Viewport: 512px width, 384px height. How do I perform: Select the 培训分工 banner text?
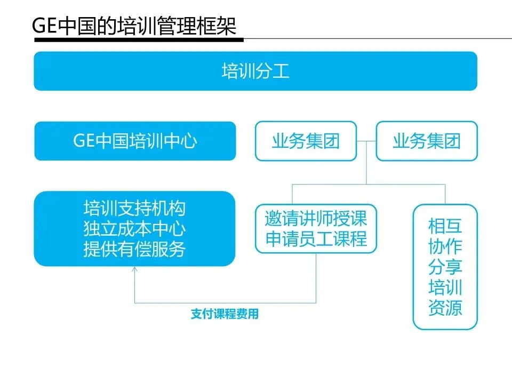pos(255,71)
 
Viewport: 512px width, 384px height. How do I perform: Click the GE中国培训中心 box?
pos(135,141)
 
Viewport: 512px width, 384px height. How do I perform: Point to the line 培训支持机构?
pos(134,207)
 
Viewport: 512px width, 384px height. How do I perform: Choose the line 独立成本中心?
pos(134,228)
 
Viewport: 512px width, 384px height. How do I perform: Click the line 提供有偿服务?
pos(134,249)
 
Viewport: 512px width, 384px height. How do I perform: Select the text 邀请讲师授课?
pos(316,219)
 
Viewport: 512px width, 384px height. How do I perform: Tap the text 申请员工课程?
pos(316,239)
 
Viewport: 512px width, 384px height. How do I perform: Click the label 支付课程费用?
pos(225,314)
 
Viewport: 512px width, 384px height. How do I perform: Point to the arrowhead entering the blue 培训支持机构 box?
pos(134,269)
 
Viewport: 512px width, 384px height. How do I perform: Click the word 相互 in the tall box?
pos(445,226)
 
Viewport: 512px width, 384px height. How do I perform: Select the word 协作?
pos(445,246)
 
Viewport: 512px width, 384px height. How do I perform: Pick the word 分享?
pos(445,267)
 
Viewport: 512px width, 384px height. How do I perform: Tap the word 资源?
pos(445,308)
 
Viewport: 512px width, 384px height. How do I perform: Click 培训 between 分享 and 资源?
pos(445,288)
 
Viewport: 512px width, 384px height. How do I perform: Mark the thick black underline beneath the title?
pos(139,39)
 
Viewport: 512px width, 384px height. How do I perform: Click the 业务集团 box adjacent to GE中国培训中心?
pos(306,141)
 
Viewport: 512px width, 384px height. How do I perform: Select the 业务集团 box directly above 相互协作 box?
pos(427,141)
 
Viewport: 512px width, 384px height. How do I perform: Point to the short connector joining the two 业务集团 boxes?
pos(366,141)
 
